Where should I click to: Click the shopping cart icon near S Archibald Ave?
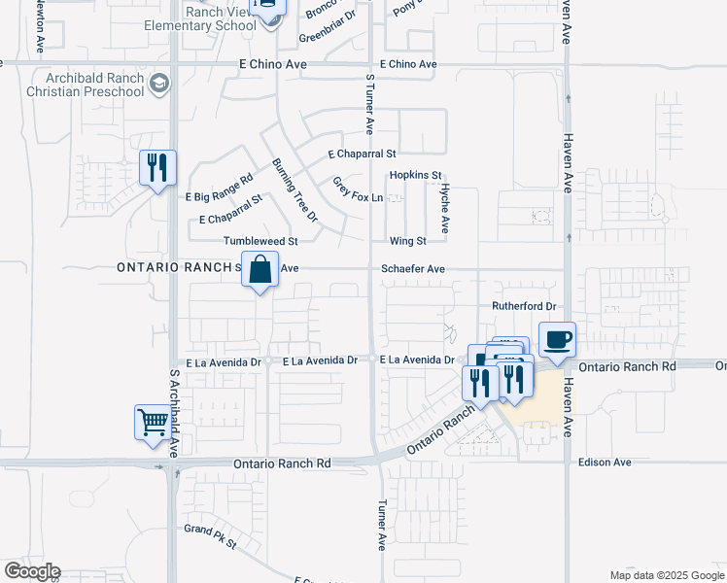[x=153, y=423]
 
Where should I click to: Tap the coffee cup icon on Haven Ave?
[x=557, y=339]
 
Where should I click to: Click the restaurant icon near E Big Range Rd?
[x=156, y=168]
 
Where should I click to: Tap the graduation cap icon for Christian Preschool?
[x=160, y=86]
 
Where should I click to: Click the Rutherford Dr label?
[x=523, y=306]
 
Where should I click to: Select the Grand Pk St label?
[x=210, y=535]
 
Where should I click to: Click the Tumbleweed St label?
[x=260, y=241]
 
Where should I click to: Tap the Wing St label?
[x=407, y=241]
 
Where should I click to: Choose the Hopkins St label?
[x=415, y=176]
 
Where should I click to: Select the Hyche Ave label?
[x=444, y=209]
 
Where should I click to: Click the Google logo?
[x=31, y=571]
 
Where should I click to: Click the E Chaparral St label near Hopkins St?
[x=363, y=154]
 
